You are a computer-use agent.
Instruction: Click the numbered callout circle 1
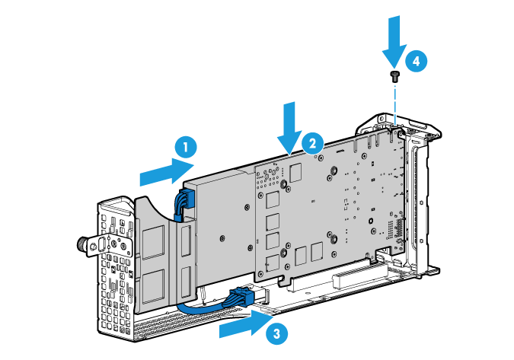184,145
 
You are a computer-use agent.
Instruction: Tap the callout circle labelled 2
311,142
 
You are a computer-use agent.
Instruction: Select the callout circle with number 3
277,332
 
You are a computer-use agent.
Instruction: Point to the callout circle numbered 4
414,60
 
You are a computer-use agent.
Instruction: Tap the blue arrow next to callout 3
244,325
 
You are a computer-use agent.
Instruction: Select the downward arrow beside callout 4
394,40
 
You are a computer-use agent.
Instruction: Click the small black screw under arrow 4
394,75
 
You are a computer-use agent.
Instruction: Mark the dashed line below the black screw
395,99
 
